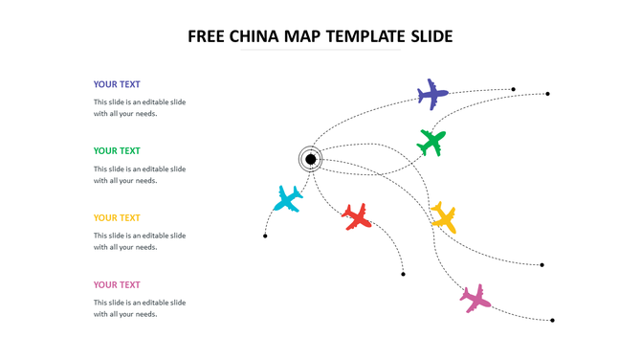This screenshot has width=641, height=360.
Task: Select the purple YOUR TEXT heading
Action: click(117, 84)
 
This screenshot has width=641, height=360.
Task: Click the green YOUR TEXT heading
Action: click(117, 150)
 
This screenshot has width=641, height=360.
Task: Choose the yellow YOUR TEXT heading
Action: click(117, 217)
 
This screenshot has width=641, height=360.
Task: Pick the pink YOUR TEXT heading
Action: click(117, 284)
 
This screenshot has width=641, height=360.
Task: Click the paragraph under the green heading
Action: click(140, 174)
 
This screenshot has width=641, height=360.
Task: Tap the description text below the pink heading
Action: click(140, 308)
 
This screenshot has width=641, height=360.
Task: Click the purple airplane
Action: click(432, 94)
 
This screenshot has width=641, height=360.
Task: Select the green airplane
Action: click(431, 143)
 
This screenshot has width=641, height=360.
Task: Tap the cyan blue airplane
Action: click(288, 198)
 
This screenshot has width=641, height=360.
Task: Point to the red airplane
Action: click(357, 215)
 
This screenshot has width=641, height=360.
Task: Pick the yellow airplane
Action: click(443, 215)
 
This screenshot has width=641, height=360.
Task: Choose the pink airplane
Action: click(475, 298)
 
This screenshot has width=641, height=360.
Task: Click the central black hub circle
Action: click(310, 158)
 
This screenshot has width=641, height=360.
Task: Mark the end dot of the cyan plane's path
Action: click(265, 236)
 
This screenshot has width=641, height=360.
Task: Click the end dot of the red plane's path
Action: click(403, 275)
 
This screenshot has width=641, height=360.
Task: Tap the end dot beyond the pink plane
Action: click(552, 320)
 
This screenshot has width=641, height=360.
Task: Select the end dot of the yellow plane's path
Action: click(542, 265)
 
